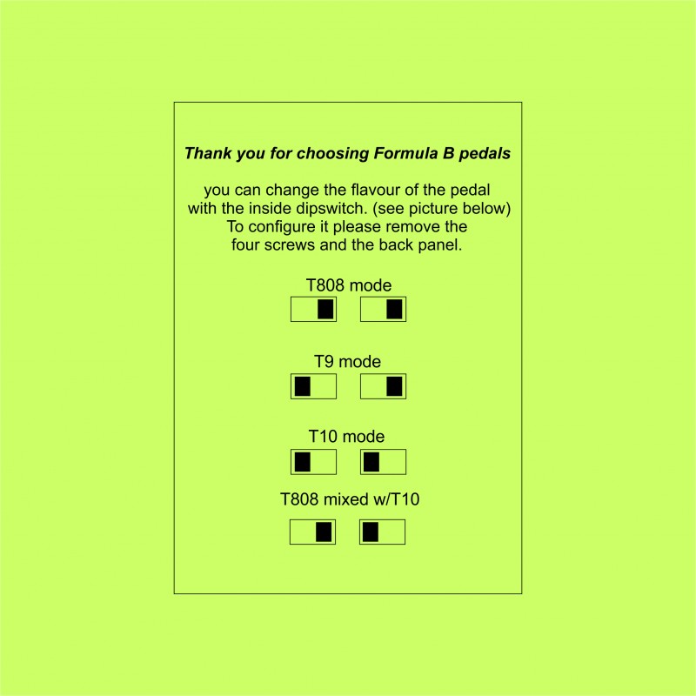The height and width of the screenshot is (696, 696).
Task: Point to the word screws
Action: click(x=289, y=245)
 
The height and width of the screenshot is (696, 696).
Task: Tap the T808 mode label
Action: click(x=349, y=285)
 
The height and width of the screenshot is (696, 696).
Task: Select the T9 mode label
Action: click(x=347, y=362)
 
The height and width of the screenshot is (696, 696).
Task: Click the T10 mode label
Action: click(x=346, y=437)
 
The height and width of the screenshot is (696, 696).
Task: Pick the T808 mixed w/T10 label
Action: click(x=350, y=499)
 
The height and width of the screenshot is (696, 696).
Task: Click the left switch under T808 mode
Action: click(x=313, y=310)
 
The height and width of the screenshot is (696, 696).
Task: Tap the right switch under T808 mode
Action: click(x=383, y=310)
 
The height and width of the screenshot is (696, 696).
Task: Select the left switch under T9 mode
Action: click(x=313, y=386)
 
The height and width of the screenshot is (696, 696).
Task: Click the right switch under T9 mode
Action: click(x=383, y=386)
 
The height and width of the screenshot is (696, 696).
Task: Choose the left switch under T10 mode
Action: click(x=313, y=462)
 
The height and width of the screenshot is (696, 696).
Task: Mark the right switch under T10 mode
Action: click(x=383, y=462)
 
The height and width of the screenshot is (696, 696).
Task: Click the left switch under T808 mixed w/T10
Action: click(x=312, y=532)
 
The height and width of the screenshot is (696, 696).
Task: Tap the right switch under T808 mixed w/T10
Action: click(x=382, y=532)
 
